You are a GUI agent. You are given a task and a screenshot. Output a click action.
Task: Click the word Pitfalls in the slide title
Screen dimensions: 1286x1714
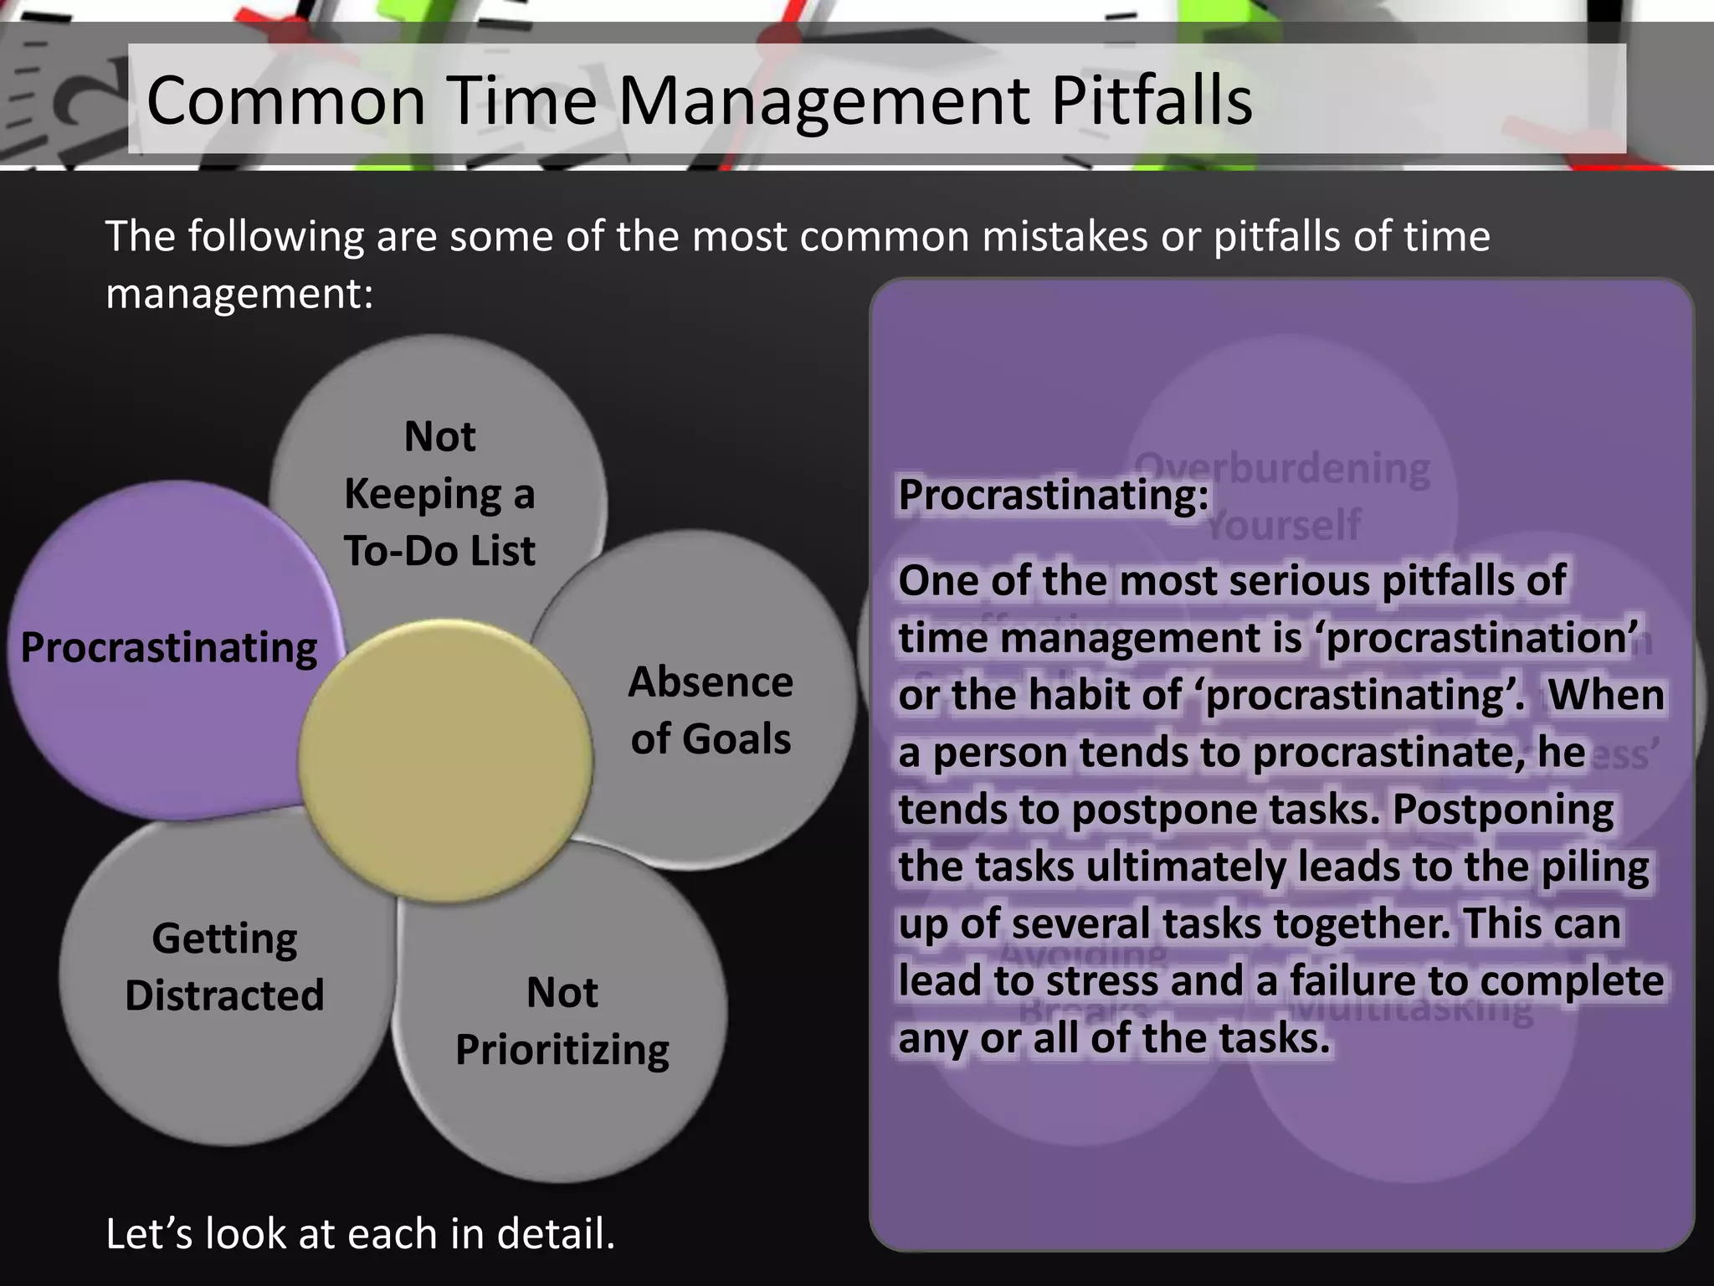1151,100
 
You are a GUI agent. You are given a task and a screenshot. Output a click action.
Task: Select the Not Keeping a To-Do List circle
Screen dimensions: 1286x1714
439,493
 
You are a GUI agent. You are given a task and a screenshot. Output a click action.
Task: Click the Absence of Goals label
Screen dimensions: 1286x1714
711,710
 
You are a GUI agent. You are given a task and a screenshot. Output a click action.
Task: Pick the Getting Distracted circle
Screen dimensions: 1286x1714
224,967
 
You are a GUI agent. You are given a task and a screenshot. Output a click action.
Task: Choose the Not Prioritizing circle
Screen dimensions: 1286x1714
562,1021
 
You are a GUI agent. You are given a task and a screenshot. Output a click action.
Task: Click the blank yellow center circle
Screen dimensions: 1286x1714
445,760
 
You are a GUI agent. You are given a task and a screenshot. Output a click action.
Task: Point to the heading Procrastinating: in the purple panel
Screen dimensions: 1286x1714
1053,495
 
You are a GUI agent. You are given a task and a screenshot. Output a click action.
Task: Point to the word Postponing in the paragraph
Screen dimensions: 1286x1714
1503,810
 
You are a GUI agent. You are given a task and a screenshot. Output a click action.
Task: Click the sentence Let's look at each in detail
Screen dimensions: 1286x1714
360,1234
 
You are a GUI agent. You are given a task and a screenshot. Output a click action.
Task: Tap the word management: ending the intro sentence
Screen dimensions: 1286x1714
239,294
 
